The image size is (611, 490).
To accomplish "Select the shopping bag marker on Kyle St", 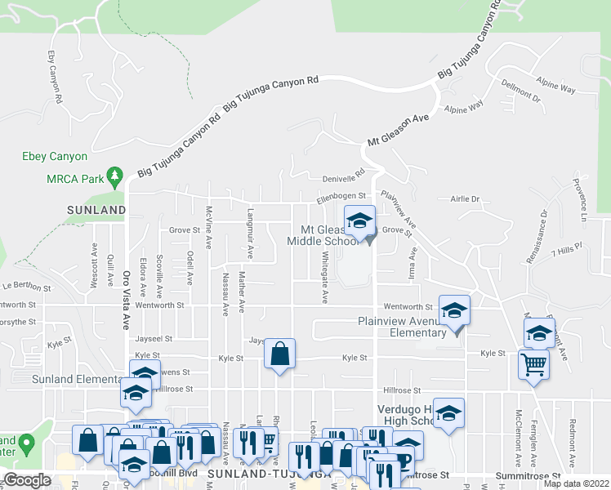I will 279,354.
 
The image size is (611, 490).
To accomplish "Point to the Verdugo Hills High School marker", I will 448,414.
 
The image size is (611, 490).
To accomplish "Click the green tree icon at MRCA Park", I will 115,176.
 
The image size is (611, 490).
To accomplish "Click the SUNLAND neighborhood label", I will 96,210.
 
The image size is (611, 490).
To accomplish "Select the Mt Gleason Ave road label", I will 398,131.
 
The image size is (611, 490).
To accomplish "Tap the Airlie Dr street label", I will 465,198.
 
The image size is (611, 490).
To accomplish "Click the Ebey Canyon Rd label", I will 55,77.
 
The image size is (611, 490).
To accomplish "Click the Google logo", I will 28,480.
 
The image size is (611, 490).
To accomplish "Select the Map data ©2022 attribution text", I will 575,483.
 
